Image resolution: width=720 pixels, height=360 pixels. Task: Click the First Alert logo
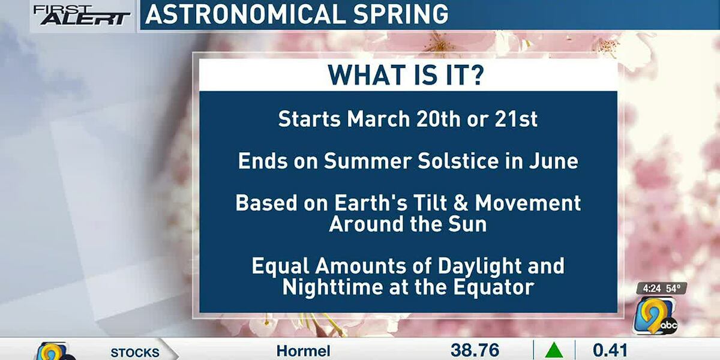click(x=82, y=15)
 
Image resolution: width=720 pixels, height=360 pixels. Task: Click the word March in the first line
click(x=378, y=119)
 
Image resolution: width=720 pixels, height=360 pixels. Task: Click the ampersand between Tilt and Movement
click(x=460, y=203)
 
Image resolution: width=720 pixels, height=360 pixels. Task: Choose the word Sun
click(x=468, y=224)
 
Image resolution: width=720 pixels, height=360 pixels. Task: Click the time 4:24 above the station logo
click(x=649, y=289)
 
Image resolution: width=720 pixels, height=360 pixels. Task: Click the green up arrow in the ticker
click(x=554, y=350)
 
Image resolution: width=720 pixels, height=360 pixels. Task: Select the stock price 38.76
click(x=474, y=350)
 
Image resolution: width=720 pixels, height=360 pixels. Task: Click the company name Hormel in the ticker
click(x=303, y=350)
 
